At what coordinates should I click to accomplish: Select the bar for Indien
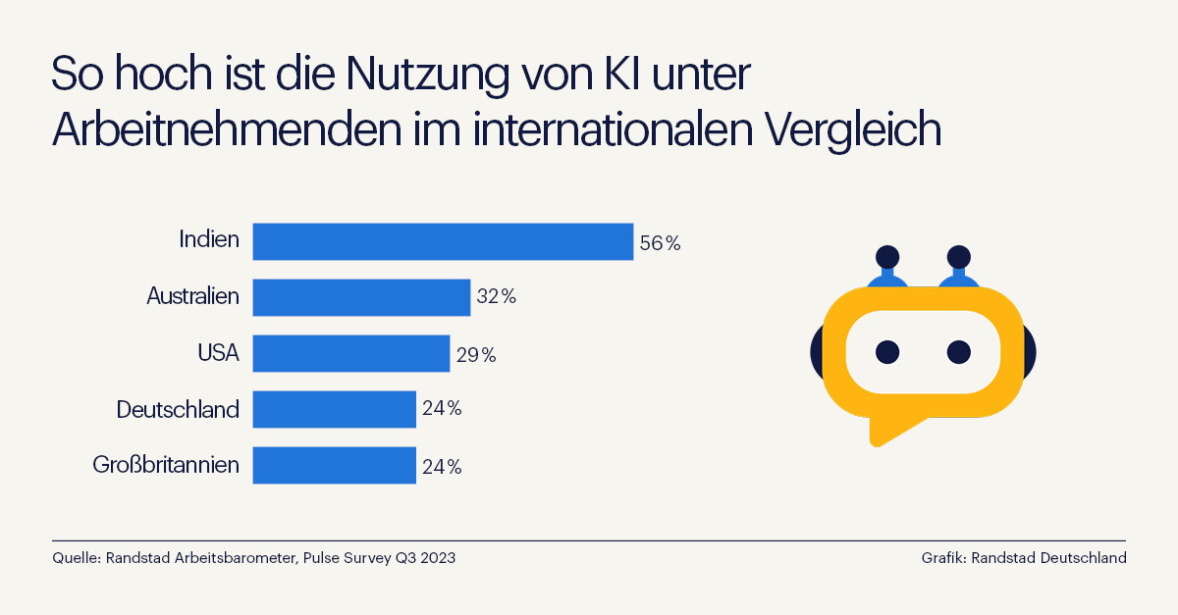(x=443, y=241)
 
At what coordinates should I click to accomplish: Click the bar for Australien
(x=361, y=297)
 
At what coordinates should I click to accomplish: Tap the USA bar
(x=351, y=353)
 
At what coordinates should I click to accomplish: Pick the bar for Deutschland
(x=334, y=409)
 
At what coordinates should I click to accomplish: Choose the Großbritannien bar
(x=334, y=465)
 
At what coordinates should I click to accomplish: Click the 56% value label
(x=660, y=243)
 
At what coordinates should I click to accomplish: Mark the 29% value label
(x=475, y=355)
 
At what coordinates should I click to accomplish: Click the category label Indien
(x=209, y=239)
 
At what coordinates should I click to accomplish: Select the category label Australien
(x=192, y=295)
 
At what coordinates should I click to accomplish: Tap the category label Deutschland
(x=178, y=408)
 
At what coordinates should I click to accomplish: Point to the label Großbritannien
(x=166, y=464)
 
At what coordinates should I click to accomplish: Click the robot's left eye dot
(x=887, y=350)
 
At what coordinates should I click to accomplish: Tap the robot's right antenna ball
(x=958, y=258)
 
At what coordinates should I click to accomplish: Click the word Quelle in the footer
(x=75, y=558)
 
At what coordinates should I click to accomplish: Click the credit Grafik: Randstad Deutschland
(x=1023, y=558)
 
